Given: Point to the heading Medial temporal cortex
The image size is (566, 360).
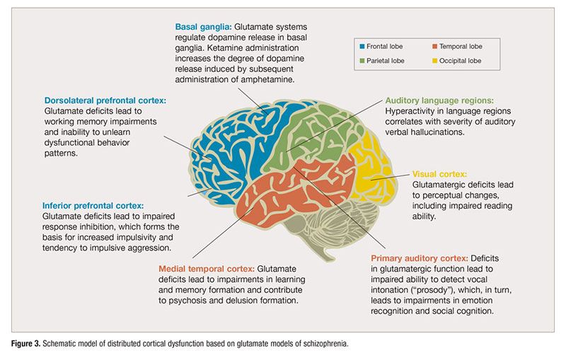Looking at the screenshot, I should point(206,269).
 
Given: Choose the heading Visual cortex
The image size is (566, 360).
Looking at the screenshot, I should point(439,173).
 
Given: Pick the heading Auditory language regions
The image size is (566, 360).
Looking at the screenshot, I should point(439,100).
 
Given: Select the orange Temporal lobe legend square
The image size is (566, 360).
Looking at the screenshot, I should point(434,47).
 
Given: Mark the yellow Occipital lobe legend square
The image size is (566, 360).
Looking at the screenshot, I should point(434,61).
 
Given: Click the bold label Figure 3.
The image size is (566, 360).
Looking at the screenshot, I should point(31,343).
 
